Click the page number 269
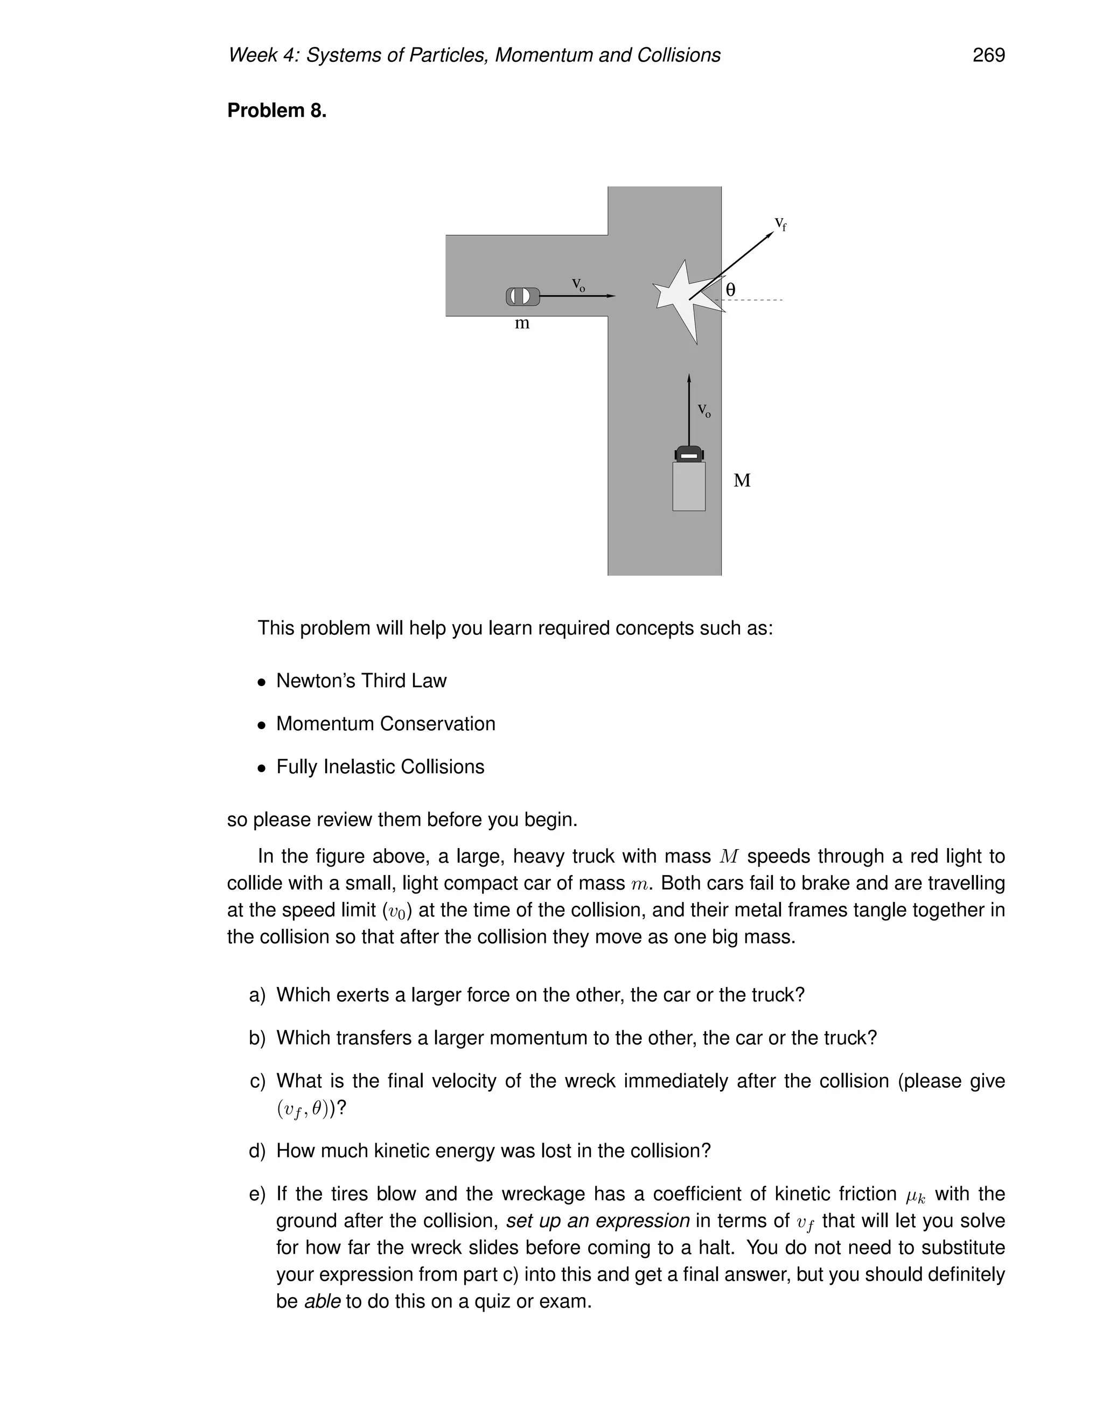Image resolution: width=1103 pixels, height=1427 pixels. [988, 55]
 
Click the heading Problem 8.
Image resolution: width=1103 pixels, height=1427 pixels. [276, 110]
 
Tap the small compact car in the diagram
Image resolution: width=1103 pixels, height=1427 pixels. [522, 297]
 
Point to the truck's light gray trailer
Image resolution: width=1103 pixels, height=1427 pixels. [689, 486]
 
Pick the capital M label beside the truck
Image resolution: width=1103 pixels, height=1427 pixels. [742, 481]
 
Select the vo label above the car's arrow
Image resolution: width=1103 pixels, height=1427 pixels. [578, 284]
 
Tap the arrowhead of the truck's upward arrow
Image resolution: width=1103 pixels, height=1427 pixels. [689, 377]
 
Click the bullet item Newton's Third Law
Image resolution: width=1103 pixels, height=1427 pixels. [361, 681]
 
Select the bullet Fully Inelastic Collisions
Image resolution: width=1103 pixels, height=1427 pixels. [380, 766]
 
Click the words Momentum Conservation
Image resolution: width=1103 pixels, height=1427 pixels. [386, 724]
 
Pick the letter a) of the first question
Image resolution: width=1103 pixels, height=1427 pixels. [257, 995]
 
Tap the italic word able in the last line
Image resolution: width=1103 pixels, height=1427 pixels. [322, 1302]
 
